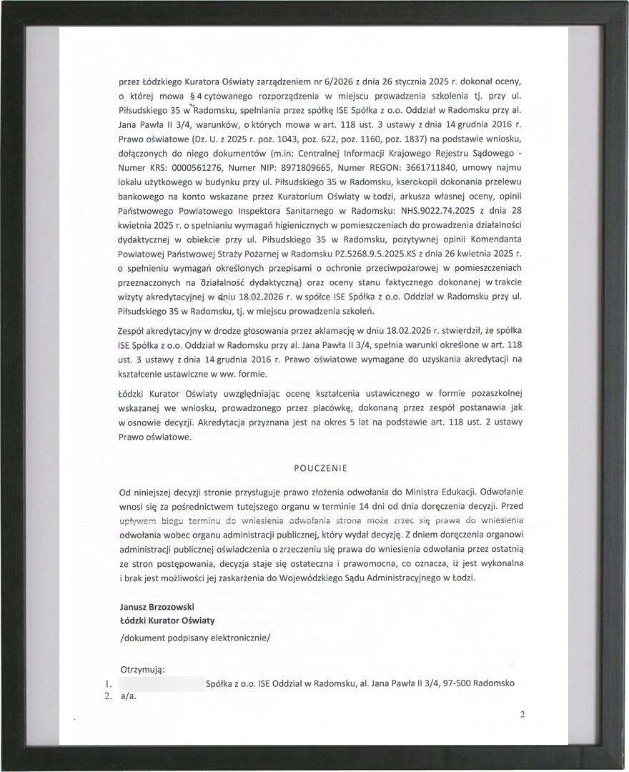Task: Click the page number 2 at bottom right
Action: (x=522, y=714)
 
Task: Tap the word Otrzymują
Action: (x=143, y=670)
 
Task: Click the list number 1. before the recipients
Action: (x=108, y=683)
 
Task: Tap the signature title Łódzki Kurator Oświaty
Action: (x=167, y=620)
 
